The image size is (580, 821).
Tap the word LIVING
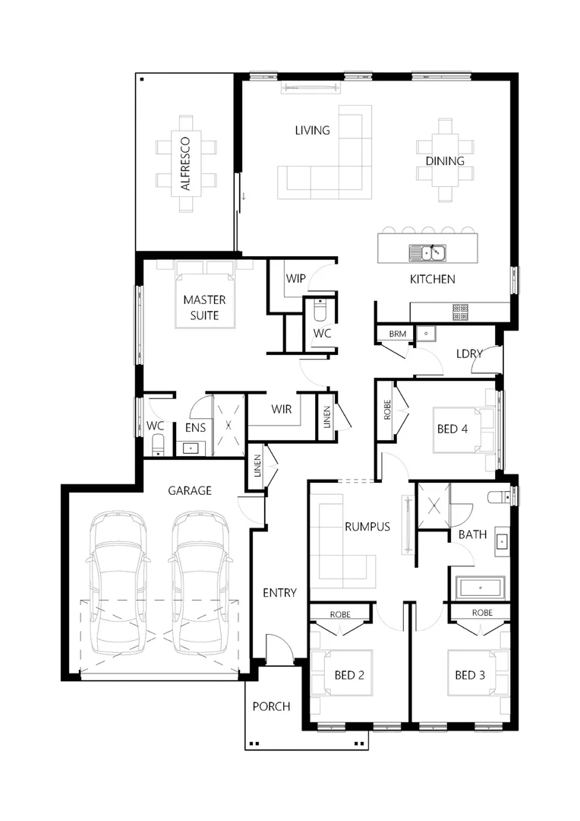pyautogui.click(x=312, y=130)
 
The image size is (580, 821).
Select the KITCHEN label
pyautogui.click(x=432, y=279)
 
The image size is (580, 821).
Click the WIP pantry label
pyautogui.click(x=295, y=279)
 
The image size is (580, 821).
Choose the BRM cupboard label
pyautogui.click(x=397, y=334)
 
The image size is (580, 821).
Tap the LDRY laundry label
pyautogui.click(x=470, y=353)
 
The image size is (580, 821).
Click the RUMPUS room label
pyautogui.click(x=367, y=525)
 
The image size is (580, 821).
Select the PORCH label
pyautogui.click(x=271, y=706)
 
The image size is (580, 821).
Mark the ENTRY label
pyautogui.click(x=279, y=593)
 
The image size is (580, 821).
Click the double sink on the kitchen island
pyautogui.click(x=427, y=252)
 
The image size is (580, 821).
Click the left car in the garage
pyautogui.click(x=117, y=582)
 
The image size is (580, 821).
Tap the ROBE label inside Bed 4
pyautogui.click(x=386, y=411)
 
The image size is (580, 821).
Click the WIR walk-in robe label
pyautogui.click(x=282, y=409)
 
